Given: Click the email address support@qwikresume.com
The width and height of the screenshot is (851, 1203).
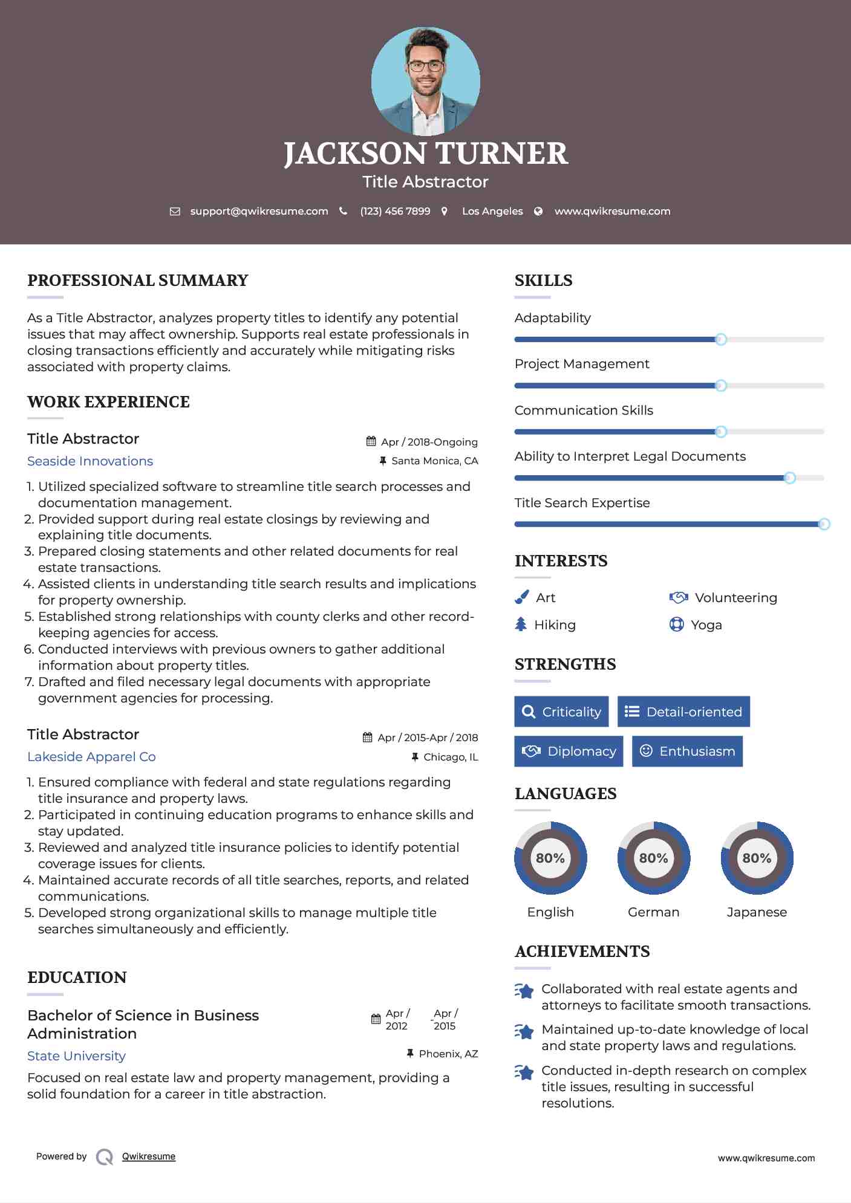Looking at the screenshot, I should coord(259,212).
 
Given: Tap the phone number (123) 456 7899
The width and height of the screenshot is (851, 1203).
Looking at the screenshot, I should coord(395,212).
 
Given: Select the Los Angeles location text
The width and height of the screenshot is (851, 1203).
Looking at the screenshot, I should coord(492,212).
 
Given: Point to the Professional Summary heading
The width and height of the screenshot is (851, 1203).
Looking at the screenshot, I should coord(138,280).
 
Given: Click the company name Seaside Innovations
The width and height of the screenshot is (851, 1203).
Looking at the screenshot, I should coord(90,461).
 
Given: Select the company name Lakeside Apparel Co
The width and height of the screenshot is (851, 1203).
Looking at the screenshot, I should coord(91,757).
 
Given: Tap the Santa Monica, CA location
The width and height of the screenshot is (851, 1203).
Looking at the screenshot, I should coord(434,461).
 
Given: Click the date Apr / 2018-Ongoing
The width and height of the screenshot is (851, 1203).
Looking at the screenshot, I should coord(429,442).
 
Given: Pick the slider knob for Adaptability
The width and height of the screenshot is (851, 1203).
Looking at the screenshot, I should coord(721,340).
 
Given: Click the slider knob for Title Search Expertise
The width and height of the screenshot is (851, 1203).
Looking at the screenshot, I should coord(824,524).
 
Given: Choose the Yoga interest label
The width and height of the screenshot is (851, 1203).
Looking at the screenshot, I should coord(706,625).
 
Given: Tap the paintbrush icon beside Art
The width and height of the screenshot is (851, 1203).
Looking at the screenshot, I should coord(521,597).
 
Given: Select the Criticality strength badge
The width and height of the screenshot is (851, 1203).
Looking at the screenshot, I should coord(561,712).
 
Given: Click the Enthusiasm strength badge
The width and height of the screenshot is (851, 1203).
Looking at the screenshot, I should coord(687,751).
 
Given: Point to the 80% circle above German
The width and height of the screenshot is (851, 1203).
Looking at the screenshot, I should coord(653,858).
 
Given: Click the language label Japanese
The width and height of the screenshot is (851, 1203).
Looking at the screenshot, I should coord(757,912).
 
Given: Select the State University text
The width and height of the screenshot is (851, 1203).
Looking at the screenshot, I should coord(76,1056).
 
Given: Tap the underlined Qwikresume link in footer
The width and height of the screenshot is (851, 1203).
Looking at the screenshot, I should coord(149,1156).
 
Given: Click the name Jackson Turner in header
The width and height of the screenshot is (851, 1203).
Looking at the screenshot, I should coord(426,154).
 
